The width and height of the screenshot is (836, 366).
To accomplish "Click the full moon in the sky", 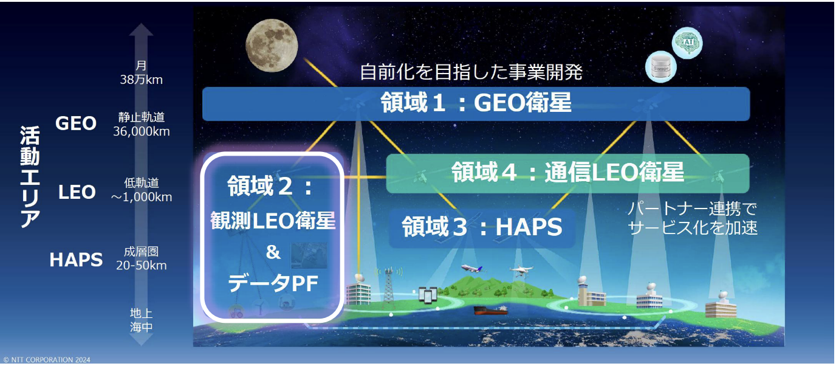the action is pos(272,46).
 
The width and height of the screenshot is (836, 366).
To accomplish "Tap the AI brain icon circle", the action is pos(687,43).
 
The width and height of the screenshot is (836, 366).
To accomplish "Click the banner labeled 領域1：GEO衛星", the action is pos(476,103).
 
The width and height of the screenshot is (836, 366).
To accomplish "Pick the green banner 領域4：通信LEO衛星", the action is pos(567,173).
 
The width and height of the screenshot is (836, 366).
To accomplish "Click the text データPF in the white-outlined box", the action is pos(273,284).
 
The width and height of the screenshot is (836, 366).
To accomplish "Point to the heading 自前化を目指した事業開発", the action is pos(471,72).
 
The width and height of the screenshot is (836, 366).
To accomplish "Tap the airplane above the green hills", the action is pos(472,269).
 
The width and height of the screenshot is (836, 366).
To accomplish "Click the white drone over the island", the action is pos(521,271).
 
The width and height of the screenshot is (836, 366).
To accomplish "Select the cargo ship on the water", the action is pos(490,310).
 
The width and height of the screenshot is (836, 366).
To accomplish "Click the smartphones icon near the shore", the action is pos(428,295).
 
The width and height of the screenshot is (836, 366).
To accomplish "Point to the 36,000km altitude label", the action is pos(142,131).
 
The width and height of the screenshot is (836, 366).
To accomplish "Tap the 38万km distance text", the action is pos(141,80).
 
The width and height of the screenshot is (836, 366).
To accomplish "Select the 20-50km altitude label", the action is pos(141,266).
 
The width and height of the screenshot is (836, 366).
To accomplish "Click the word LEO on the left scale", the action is pos(77,192).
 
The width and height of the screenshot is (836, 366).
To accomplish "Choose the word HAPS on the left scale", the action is pos(76,260).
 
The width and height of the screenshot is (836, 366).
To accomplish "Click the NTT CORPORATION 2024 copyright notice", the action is pos(47,360).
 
